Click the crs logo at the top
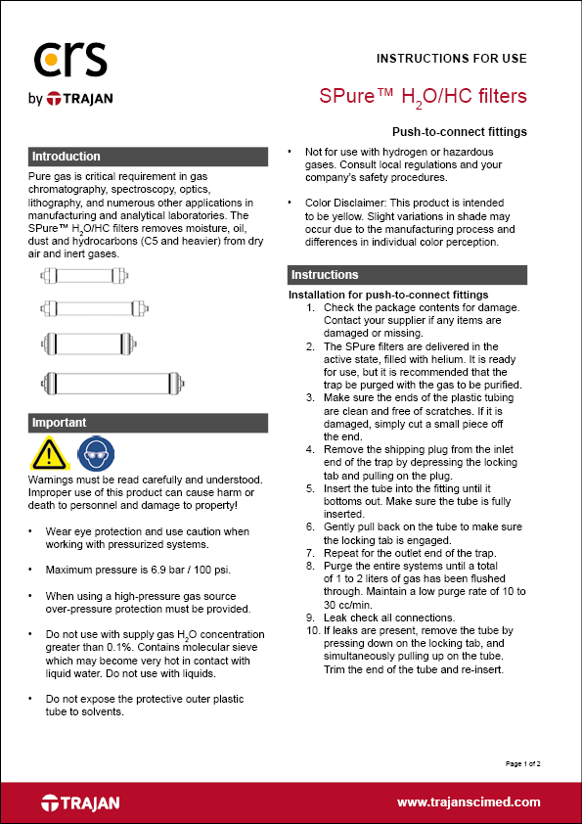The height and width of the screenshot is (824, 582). point(65,61)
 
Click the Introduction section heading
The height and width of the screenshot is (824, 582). point(66,157)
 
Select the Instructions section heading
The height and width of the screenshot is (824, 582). point(325,275)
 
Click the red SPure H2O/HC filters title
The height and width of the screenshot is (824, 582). point(424,96)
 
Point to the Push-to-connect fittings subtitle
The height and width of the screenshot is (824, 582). point(459,131)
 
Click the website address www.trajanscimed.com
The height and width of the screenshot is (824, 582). point(469,801)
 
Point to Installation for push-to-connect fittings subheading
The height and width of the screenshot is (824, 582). point(388,295)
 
